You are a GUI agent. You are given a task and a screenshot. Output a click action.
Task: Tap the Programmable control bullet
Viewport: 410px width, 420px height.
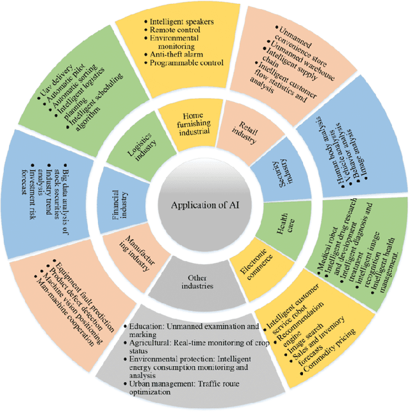pos(186,63)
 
